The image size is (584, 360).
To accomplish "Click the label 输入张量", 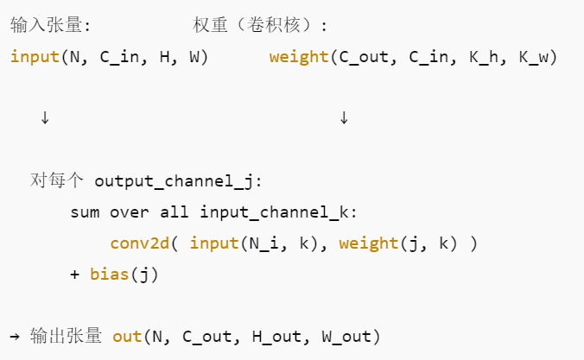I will (x=46, y=25).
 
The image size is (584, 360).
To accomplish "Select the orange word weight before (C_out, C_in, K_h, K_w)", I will (x=298, y=58).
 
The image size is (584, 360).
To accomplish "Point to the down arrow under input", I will (x=45, y=118).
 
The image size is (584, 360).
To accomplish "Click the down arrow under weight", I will (x=344, y=118).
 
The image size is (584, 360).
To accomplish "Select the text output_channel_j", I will (x=175, y=181).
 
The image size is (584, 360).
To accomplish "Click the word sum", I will (x=86, y=212).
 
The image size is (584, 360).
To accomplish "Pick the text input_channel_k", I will (x=276, y=212).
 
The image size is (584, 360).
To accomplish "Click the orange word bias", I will (x=107, y=275).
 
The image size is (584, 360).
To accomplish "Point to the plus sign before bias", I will (x=74, y=275).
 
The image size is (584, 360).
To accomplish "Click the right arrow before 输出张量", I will (x=16, y=336).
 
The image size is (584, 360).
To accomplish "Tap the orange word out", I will (x=127, y=336).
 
